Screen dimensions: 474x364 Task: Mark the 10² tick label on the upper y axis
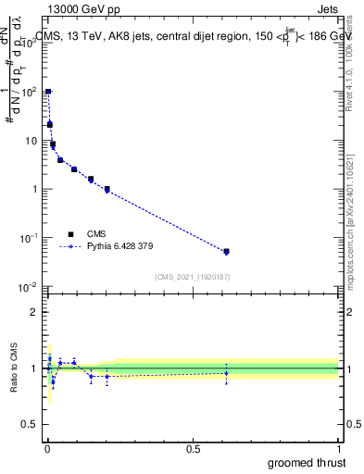(29, 92)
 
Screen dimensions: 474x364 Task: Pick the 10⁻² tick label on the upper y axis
(29, 286)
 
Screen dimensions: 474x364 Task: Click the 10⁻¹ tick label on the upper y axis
(29, 238)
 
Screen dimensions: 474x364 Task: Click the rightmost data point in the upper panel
(226, 251)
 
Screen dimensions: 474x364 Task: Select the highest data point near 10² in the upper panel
(48, 92)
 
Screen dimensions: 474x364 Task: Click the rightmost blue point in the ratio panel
(226, 373)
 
